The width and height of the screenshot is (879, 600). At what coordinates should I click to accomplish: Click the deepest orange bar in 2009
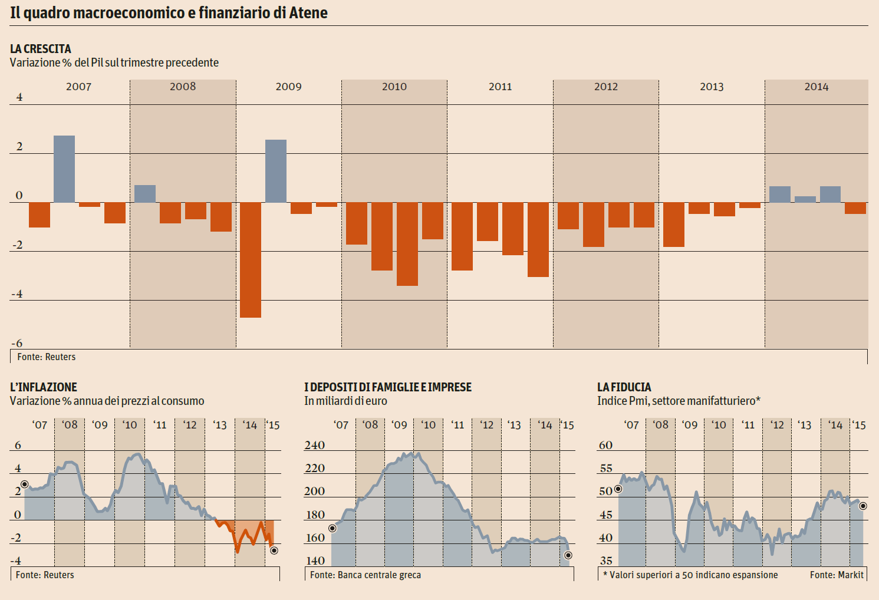coord(251,259)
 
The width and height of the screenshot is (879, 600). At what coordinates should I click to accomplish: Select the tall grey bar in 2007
coord(64,169)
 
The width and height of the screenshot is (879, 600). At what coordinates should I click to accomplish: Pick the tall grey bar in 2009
coord(276,171)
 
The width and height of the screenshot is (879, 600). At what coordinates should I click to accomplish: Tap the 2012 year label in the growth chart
coord(606,87)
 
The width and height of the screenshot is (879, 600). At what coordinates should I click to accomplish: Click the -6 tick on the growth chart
coord(17,343)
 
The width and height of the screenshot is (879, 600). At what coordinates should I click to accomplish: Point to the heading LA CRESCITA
coord(41,49)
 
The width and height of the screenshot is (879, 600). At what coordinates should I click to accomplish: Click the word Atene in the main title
coord(308,13)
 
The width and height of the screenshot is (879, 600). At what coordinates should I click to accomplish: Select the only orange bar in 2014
coord(855,208)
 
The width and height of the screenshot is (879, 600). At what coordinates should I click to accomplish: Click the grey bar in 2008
coord(145,194)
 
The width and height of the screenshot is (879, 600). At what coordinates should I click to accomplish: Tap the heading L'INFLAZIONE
coord(44,387)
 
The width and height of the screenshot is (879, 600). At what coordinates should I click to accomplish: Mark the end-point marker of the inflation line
coord(274,550)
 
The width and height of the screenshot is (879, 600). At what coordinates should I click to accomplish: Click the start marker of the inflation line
coord(24,484)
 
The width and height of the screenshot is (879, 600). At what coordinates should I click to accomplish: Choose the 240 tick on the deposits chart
coord(315,446)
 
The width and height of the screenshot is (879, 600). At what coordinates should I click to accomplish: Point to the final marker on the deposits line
coord(568,555)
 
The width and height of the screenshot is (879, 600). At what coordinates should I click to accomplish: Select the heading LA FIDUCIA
coord(624,387)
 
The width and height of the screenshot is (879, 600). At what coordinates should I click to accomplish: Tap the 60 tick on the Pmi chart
coord(605,446)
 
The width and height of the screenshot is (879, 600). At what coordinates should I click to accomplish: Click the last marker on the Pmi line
coord(863,506)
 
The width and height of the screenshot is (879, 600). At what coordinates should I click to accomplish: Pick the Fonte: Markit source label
coord(837,575)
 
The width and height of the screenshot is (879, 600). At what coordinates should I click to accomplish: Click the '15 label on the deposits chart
coord(567,425)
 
